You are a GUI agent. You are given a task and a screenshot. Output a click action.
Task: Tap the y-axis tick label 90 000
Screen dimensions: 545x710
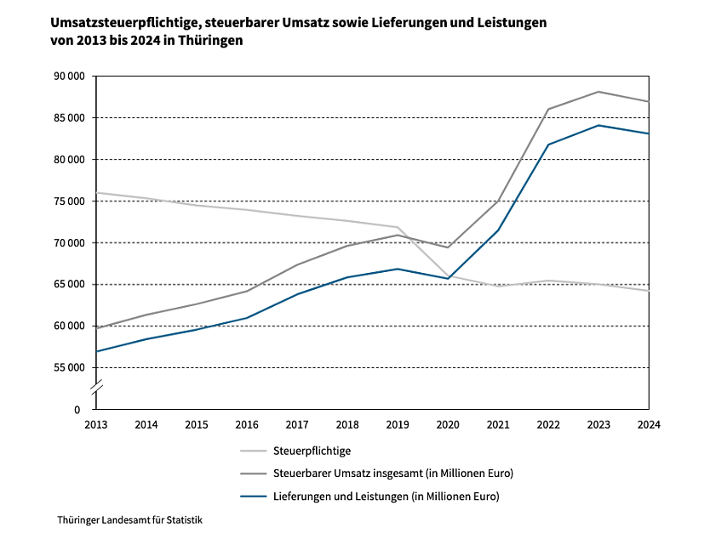pos(67,77)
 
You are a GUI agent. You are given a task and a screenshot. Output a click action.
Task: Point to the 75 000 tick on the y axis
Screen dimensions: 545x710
pos(67,202)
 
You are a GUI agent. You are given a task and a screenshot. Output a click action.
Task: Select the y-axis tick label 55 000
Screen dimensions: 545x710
pos(67,368)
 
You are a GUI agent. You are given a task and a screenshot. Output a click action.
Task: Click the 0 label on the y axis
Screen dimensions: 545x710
pos(77,410)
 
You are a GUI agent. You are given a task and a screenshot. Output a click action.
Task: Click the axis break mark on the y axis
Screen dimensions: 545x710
pos(97,388)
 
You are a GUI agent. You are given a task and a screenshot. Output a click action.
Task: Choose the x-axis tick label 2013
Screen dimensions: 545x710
pos(96,423)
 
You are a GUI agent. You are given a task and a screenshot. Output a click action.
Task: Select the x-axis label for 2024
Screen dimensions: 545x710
pos(649,423)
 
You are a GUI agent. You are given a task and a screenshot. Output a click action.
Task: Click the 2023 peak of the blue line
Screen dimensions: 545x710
pos(599,126)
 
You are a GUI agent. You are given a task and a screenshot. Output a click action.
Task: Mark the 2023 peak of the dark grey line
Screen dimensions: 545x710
pos(599,92)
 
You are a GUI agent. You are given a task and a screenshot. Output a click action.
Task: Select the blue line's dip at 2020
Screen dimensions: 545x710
pos(449,279)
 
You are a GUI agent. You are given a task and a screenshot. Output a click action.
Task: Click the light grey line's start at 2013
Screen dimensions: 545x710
pos(97,193)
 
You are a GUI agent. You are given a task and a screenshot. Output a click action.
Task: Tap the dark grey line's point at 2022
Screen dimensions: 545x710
pos(549,109)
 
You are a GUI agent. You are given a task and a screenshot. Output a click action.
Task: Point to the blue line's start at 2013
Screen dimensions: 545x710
pos(97,351)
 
